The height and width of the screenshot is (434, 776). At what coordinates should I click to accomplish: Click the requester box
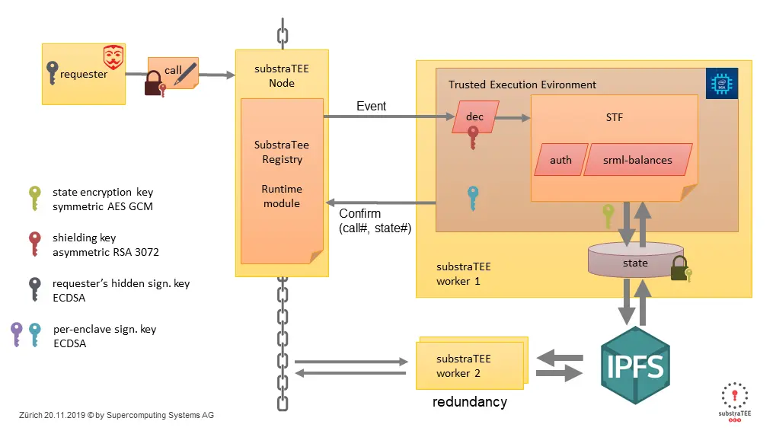(83, 75)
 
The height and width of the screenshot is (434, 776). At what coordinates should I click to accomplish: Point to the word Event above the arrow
(371, 107)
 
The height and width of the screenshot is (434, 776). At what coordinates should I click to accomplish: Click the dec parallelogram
(474, 116)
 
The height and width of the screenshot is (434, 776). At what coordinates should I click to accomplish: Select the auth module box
(560, 160)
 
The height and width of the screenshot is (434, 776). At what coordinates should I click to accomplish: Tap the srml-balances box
(637, 160)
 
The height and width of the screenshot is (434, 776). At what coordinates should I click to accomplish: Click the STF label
(614, 117)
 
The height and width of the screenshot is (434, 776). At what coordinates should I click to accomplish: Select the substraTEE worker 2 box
(470, 365)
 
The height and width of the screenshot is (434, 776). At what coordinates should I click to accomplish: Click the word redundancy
(469, 401)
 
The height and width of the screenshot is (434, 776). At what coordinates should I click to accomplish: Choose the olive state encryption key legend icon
(34, 198)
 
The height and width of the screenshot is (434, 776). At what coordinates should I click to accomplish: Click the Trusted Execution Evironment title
(522, 85)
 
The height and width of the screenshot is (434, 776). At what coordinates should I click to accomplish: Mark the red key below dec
(473, 138)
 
